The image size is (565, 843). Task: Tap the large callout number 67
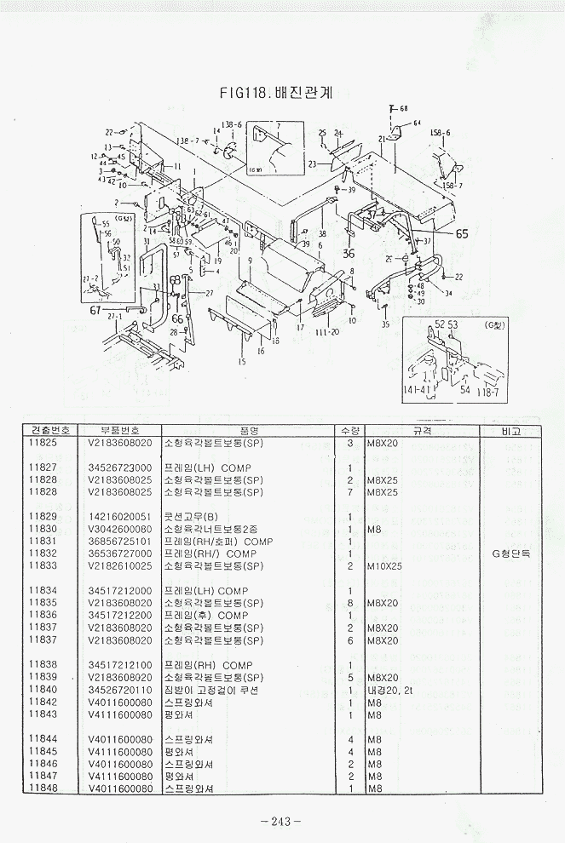click(95, 310)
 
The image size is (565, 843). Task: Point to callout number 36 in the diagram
click(349, 253)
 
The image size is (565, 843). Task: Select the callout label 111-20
click(327, 331)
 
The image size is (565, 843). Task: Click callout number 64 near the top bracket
click(418, 123)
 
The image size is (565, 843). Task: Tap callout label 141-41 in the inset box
click(417, 390)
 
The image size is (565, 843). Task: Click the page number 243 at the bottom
click(282, 821)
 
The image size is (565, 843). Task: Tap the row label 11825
click(43, 444)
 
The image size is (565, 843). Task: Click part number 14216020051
click(120, 517)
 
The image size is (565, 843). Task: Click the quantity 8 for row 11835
click(350, 603)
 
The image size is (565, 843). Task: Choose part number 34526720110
click(120, 690)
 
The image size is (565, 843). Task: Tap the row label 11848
click(43, 789)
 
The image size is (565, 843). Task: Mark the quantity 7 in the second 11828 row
click(350, 492)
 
